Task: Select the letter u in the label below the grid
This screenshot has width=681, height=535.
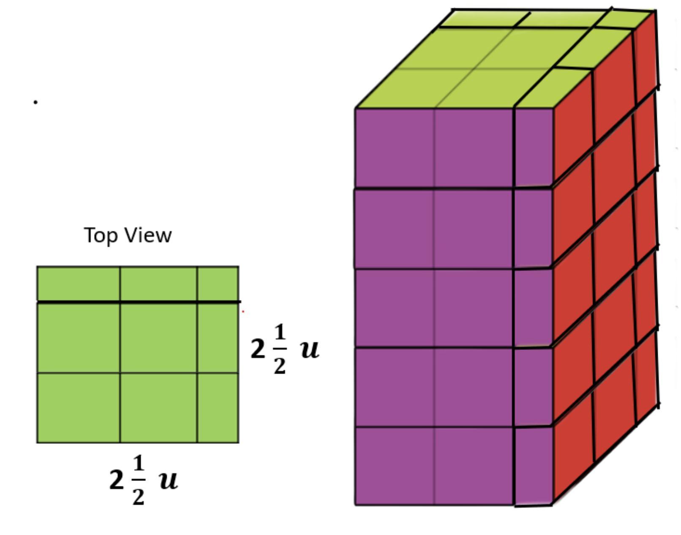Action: tap(169, 480)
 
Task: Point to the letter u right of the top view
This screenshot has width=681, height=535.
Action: tap(310, 349)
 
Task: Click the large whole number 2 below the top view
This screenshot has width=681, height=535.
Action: tap(116, 480)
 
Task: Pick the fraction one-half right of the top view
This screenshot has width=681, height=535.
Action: tap(280, 349)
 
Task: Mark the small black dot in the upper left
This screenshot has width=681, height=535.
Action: tap(35, 102)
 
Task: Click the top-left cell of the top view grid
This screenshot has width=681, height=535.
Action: tap(78, 284)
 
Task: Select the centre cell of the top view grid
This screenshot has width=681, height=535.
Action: tap(158, 338)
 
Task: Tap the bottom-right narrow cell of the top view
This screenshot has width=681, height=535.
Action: tap(218, 408)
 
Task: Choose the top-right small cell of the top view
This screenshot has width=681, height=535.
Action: tap(218, 284)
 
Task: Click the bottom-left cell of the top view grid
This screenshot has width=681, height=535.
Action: tap(78, 408)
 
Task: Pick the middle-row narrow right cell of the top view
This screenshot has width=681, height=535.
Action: tap(218, 338)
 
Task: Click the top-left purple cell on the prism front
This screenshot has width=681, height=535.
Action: tap(394, 147)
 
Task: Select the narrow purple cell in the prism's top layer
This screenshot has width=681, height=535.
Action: tap(534, 147)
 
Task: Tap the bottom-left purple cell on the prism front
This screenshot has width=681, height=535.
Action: tap(394, 466)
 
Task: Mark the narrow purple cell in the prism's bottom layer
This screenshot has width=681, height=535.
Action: tap(534, 466)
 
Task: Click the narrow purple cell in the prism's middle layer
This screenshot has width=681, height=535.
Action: tap(534, 308)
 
